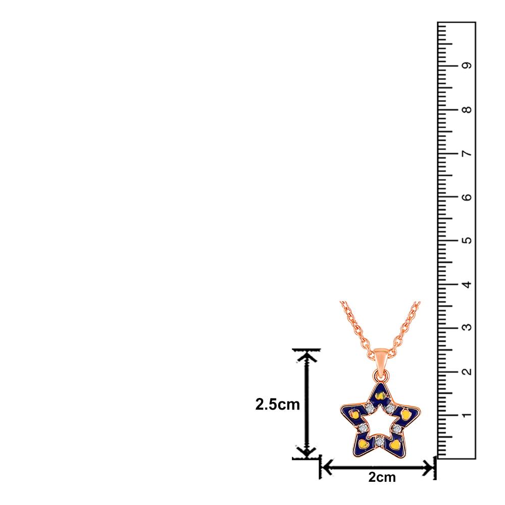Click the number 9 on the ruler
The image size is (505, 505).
(x=466, y=65)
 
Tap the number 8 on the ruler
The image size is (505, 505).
(x=466, y=110)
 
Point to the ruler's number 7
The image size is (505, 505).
(x=466, y=154)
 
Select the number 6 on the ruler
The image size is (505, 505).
(x=466, y=197)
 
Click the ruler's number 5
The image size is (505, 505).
(x=466, y=240)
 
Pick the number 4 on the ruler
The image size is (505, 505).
(x=466, y=284)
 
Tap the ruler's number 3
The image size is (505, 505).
(x=466, y=328)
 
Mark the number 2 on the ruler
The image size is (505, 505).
(x=466, y=372)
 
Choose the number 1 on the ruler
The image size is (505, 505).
(x=466, y=415)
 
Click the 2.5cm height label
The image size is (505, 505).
(x=277, y=405)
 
